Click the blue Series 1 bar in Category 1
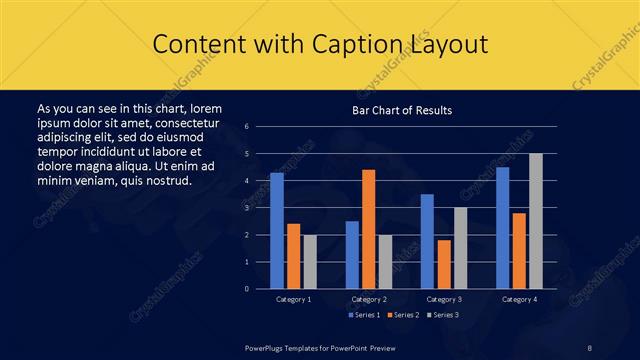(x=277, y=230)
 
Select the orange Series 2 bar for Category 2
(x=368, y=229)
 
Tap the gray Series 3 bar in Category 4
(x=536, y=221)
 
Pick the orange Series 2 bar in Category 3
(x=444, y=264)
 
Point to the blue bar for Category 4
(x=502, y=228)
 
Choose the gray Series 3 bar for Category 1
(x=310, y=261)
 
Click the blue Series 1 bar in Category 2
(x=352, y=255)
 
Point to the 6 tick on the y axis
(x=260, y=127)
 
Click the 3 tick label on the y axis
(x=260, y=208)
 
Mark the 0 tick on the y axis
(x=260, y=288)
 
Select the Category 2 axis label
(x=369, y=299)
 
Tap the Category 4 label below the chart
(x=519, y=299)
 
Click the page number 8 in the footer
(x=590, y=346)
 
